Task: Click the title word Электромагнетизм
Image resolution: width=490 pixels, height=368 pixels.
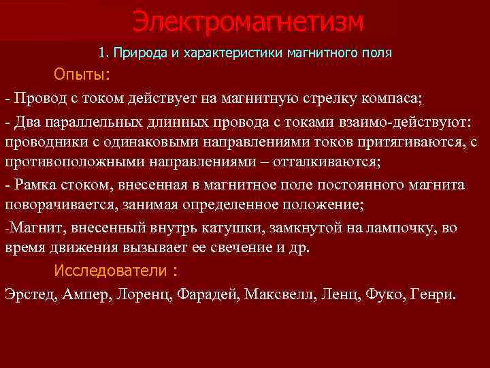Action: [248, 22]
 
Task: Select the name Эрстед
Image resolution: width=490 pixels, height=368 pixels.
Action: [31, 294]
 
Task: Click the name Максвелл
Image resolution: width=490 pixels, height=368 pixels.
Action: [278, 294]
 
